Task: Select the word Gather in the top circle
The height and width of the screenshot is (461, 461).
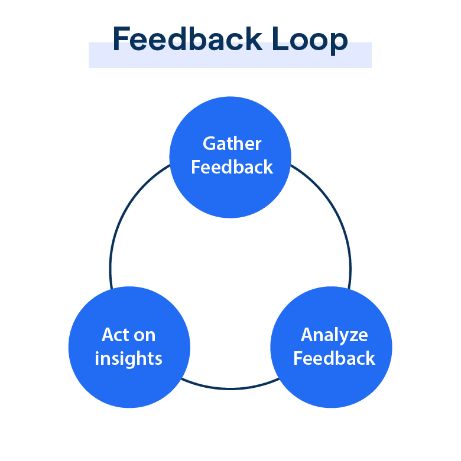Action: tap(232, 143)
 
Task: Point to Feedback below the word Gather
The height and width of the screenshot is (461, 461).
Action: tap(232, 167)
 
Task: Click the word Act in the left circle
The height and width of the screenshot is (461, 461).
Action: tap(114, 335)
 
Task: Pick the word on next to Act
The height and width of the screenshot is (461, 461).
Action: tap(144, 336)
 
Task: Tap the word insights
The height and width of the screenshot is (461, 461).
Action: tap(128, 358)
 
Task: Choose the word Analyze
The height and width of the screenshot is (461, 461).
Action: tap(334, 335)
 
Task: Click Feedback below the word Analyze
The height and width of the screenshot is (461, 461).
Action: tap(334, 358)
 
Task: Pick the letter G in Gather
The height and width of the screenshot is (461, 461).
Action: tap(209, 143)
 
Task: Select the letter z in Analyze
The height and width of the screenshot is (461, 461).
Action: tap(353, 336)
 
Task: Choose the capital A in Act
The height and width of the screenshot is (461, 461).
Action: tap(108, 335)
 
